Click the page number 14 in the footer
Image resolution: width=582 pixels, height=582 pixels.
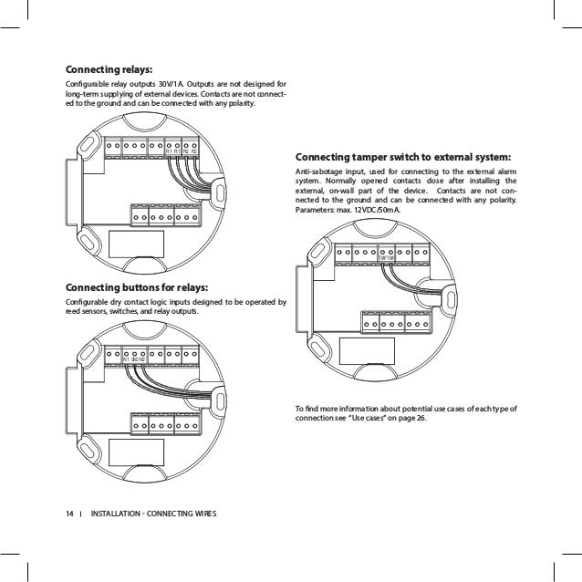coord(68,512)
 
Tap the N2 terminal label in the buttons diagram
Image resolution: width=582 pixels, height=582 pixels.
coord(142,359)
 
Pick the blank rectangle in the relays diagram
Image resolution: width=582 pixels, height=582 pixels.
coord(137,244)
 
